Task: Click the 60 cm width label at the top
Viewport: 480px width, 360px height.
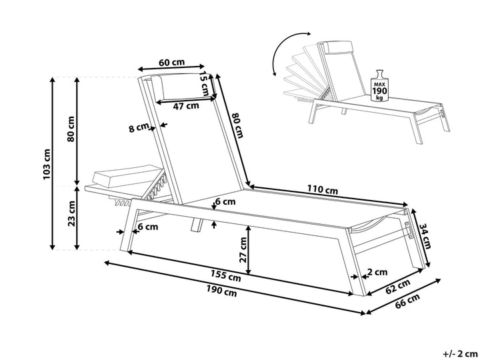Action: tap(172, 63)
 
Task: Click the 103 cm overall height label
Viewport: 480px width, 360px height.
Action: tap(46, 164)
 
